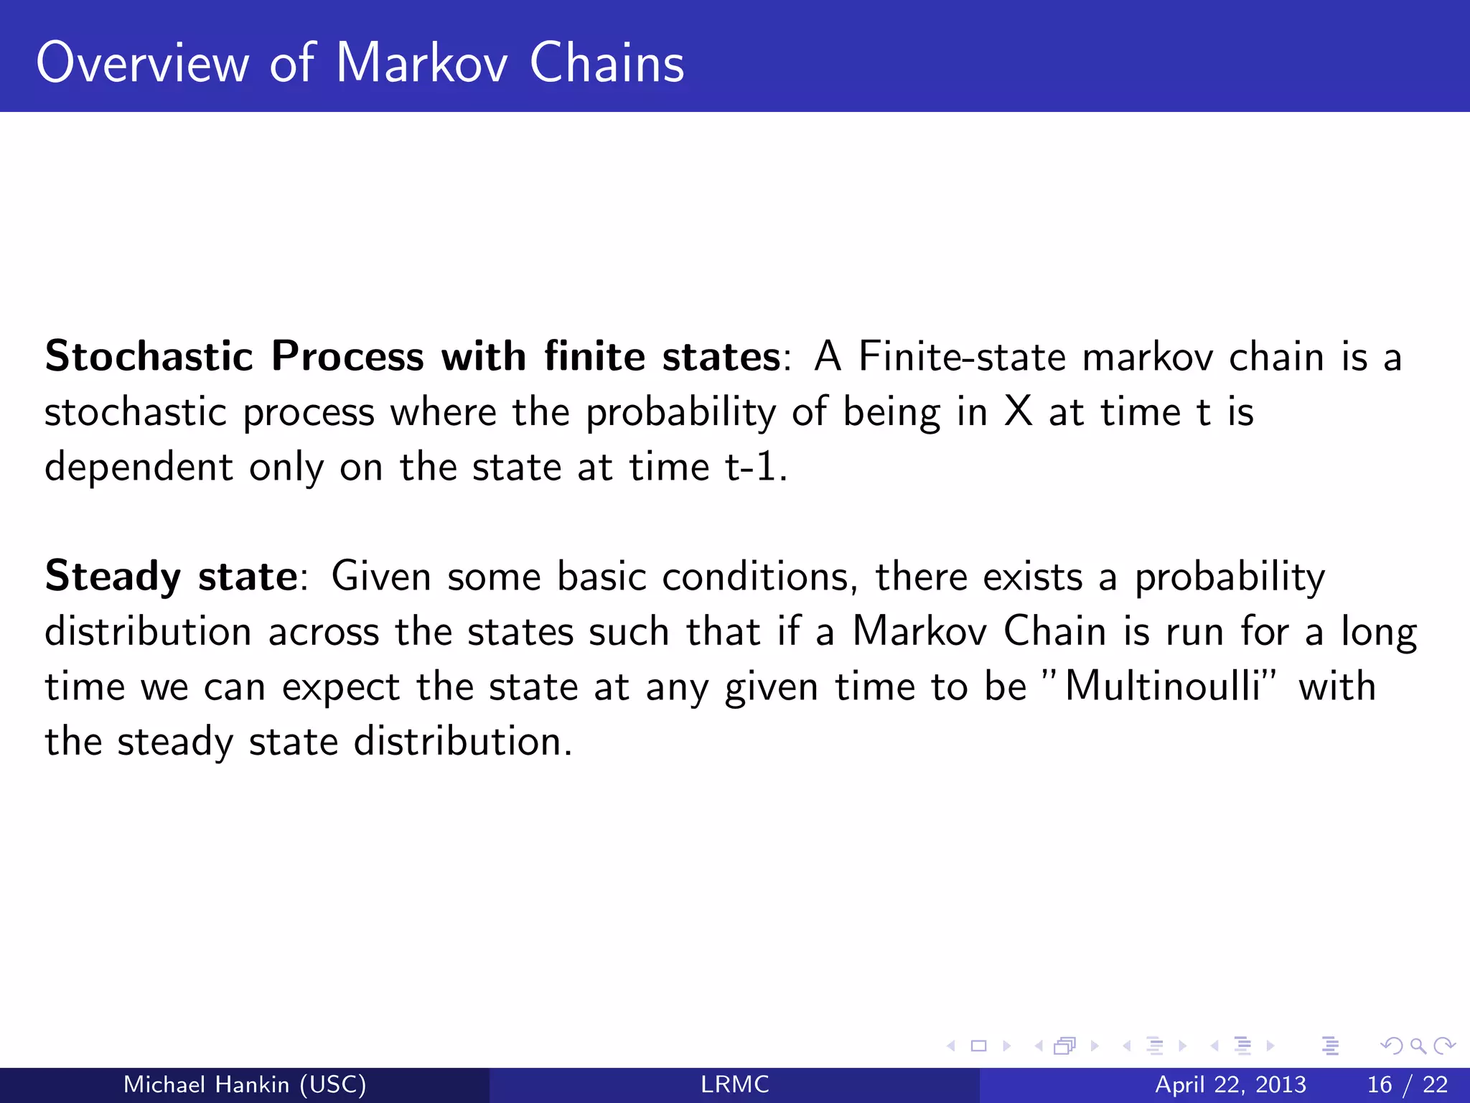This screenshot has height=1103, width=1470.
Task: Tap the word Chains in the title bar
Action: [607, 63]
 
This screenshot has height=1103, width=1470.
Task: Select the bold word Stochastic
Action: [149, 356]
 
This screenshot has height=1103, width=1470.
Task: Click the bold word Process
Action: [347, 356]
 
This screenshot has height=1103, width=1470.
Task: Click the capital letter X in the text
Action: [1018, 412]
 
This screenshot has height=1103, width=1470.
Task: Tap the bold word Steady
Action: [113, 577]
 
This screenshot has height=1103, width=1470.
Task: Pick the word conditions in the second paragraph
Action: [759, 577]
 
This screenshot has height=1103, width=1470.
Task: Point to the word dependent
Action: [139, 467]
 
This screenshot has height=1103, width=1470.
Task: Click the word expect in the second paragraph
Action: [340, 687]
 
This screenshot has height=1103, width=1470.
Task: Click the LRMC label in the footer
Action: [734, 1084]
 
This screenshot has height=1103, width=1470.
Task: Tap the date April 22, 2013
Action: [1230, 1084]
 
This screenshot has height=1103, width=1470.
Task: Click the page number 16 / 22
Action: [1408, 1084]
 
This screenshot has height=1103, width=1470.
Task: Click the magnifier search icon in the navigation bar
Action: [1418, 1046]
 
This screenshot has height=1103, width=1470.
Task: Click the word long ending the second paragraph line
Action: [1379, 633]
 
